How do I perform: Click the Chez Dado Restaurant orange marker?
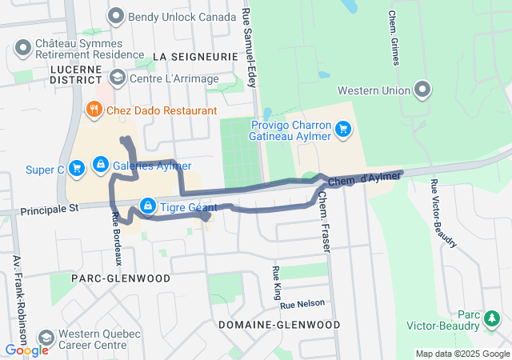click(x=94, y=110)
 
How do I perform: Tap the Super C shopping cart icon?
click(x=77, y=168)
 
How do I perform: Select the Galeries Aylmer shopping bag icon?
click(x=100, y=165)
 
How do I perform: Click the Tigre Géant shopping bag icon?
click(x=148, y=206)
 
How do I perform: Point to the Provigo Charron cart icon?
click(x=343, y=128)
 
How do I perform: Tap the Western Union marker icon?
click(x=422, y=90)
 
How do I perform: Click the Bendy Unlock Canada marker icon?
click(x=117, y=15)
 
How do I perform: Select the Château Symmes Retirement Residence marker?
click(x=22, y=48)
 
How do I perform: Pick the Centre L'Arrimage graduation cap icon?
click(x=117, y=77)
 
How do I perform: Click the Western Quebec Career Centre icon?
click(x=46, y=338)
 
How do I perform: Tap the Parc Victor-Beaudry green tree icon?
click(x=490, y=319)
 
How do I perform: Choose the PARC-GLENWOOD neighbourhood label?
click(x=120, y=278)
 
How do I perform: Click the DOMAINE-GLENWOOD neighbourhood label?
click(x=278, y=325)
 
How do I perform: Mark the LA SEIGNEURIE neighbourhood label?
click(x=194, y=57)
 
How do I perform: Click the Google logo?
click(x=26, y=350)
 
